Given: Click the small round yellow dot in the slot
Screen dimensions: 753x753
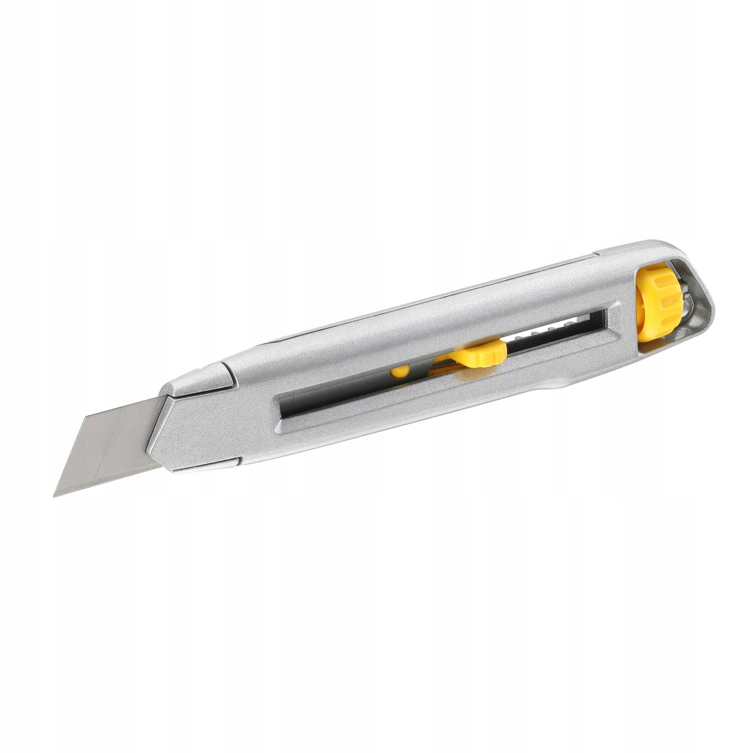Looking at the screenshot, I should click(x=400, y=371).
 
